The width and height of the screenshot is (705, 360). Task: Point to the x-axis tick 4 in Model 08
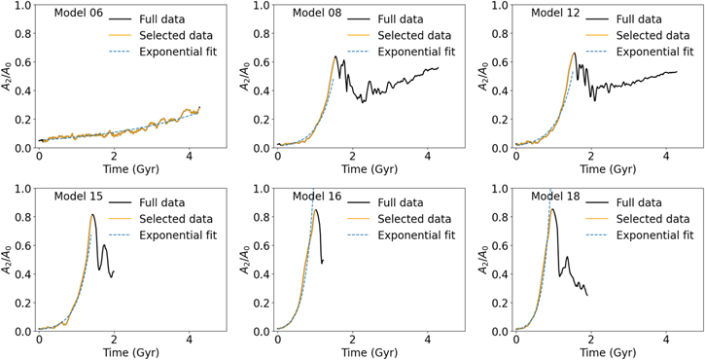[428, 157]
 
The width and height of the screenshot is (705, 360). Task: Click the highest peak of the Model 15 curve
[92, 215]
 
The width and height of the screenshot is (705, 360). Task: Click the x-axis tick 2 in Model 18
[591, 341]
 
